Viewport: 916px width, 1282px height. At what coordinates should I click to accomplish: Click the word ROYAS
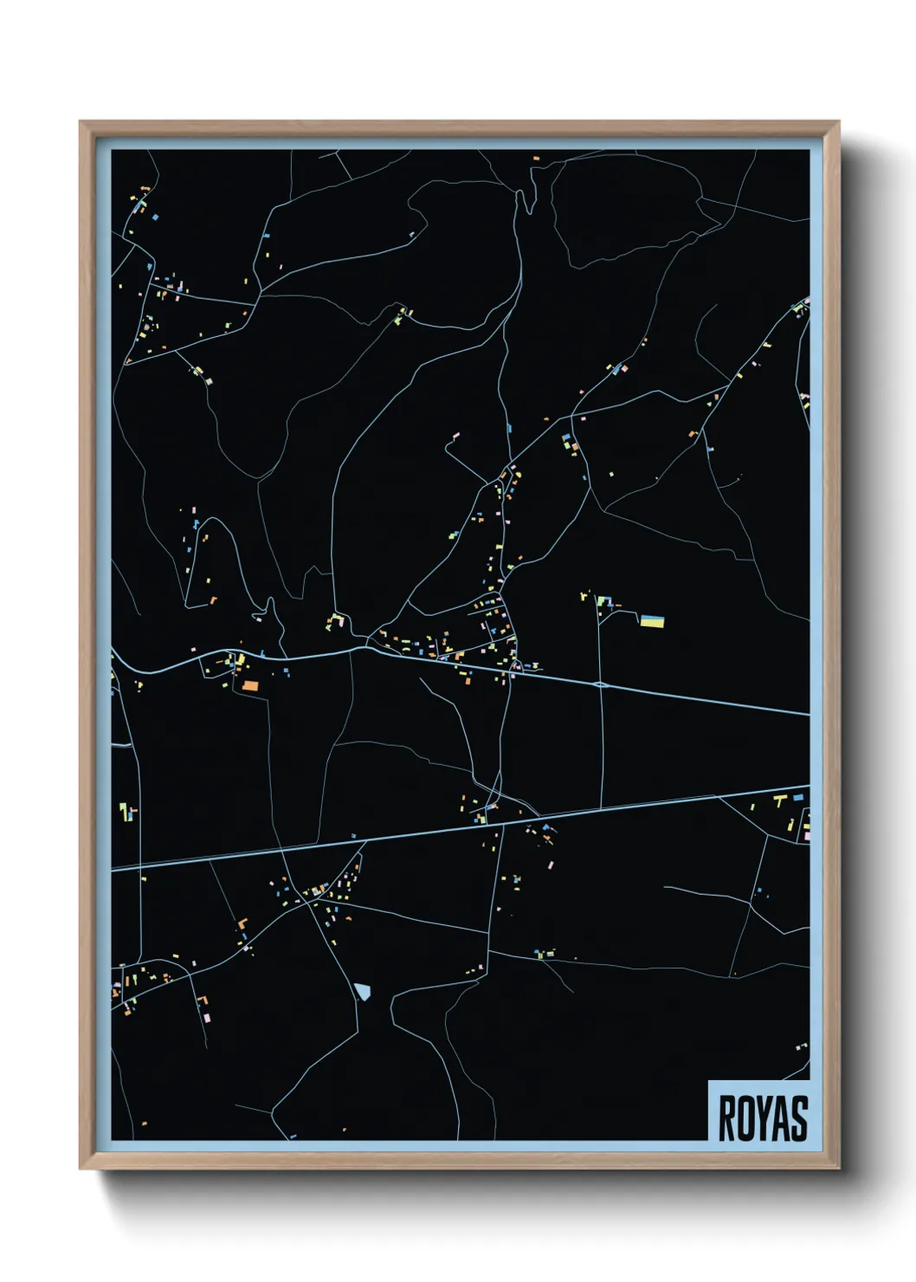click(763, 1118)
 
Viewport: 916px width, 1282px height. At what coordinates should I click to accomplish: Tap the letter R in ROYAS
click(728, 1118)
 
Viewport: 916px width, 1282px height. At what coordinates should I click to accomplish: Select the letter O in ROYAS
click(747, 1118)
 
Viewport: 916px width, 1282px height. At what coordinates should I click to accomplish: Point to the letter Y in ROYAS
click(764, 1118)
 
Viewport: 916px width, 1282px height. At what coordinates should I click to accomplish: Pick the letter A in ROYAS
click(781, 1118)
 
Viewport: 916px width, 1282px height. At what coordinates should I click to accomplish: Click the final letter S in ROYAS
click(799, 1118)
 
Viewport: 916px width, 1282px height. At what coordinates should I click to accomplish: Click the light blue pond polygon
click(363, 991)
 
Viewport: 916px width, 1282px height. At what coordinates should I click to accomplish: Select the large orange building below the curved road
click(250, 685)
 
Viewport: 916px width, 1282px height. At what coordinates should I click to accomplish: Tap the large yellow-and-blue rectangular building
click(652, 621)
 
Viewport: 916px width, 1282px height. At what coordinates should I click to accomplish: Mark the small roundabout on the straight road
click(600, 684)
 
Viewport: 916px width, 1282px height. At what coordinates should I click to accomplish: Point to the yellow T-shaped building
click(779, 800)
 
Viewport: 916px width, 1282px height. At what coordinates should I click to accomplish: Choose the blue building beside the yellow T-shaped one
click(797, 797)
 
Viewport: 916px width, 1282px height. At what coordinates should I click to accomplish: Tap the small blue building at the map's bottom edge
click(293, 1136)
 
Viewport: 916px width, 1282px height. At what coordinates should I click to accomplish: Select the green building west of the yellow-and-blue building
click(603, 600)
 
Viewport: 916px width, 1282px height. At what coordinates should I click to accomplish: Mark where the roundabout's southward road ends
click(602, 808)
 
